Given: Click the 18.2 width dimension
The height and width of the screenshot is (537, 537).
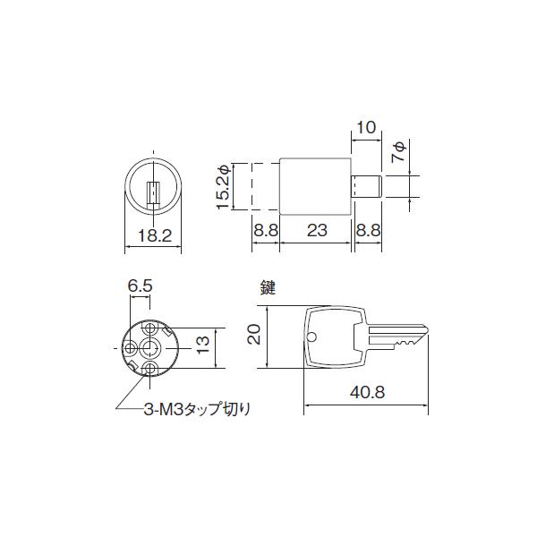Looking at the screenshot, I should pos(155,235).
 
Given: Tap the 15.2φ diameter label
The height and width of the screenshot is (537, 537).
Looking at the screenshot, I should pos(224,186).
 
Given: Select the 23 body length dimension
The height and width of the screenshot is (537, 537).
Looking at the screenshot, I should pos(316,231).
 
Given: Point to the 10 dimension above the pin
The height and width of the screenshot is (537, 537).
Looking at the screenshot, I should pos(365,127).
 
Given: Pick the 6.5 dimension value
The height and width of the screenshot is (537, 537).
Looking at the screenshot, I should pos(141,286).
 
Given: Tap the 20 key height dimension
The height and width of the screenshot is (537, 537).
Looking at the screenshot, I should pos(255,335).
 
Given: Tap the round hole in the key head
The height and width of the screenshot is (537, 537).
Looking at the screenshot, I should pos(312,337).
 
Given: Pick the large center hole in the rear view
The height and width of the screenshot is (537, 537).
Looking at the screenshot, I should pos(152,346).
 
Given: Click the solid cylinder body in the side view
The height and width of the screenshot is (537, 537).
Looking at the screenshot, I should pos(316,186).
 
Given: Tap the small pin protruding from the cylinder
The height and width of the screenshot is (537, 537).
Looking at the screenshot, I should pos(368,186).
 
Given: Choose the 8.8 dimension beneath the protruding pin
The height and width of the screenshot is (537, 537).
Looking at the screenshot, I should pos(369,231).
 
